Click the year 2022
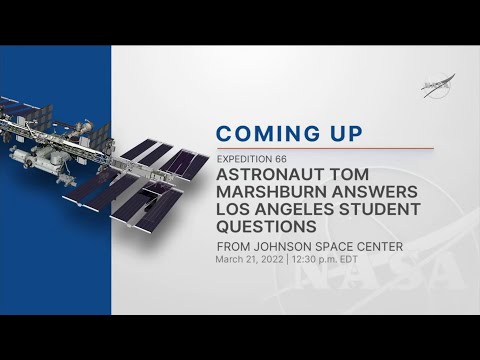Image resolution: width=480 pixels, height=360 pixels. [274, 261]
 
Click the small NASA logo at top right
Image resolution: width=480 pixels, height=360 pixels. [435, 87]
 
